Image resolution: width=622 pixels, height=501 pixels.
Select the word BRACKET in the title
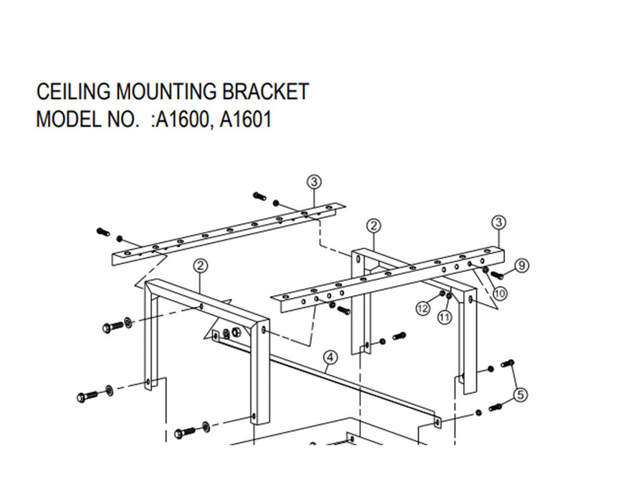(265, 92)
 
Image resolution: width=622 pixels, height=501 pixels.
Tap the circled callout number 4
(330, 356)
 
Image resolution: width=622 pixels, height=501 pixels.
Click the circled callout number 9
(522, 266)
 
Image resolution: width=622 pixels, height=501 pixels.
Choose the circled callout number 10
(499, 292)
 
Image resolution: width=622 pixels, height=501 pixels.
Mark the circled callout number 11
(444, 316)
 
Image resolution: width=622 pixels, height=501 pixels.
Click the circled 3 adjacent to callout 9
(499, 222)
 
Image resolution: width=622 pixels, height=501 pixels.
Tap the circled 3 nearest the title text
(314, 182)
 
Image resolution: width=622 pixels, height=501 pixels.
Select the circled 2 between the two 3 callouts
(373, 226)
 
